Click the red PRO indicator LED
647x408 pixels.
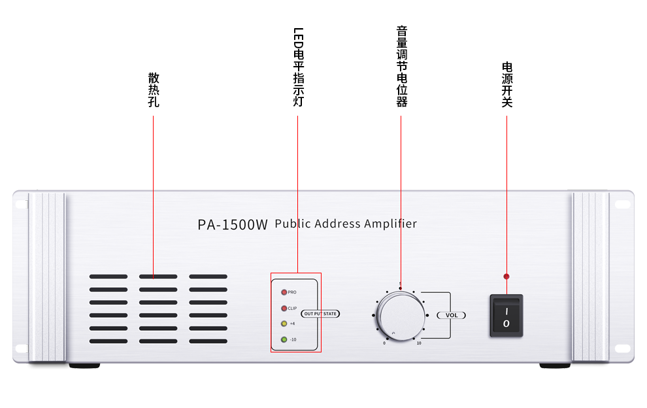pyautogui.click(x=284, y=292)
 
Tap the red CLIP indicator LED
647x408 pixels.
pyautogui.click(x=284, y=308)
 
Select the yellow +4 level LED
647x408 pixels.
pyautogui.click(x=284, y=323)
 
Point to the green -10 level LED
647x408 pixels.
pyautogui.click(x=284, y=339)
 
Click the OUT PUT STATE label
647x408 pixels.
pyautogui.click(x=320, y=314)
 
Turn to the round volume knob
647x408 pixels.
pyautogui.click(x=401, y=314)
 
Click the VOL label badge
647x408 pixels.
pyautogui.click(x=451, y=315)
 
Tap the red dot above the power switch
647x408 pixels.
pyautogui.click(x=506, y=277)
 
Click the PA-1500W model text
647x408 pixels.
pyautogui.click(x=233, y=224)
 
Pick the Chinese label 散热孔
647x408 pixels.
pyautogui.click(x=154, y=90)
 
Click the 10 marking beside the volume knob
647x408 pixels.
pyautogui.click(x=419, y=343)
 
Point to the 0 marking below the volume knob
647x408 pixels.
pyautogui.click(x=384, y=343)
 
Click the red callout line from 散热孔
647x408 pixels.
pyautogui.click(x=154, y=196)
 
